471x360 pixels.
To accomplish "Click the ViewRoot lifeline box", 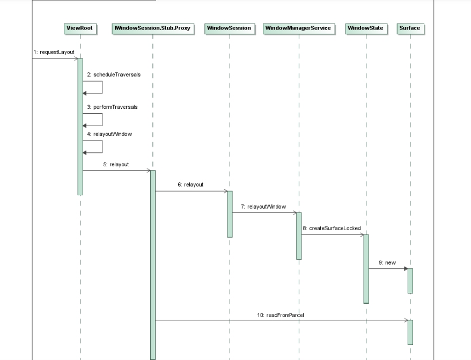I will tap(80, 28).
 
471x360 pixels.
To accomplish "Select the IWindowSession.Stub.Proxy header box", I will tap(153, 28).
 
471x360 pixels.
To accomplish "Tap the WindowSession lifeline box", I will tap(230, 28).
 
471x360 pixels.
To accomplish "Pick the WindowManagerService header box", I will tap(299, 28).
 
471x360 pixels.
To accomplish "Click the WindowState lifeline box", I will tap(366, 28).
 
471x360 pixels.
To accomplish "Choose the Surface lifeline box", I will tap(410, 28).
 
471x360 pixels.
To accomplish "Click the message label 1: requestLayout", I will tap(54, 52).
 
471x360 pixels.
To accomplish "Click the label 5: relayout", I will tap(116, 164).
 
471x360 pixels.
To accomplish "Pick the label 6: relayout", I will tap(190, 185).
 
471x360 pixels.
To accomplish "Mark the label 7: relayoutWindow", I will tap(263, 206).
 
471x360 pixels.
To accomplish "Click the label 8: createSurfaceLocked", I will tap(332, 228).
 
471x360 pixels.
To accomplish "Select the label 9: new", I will tap(387, 262).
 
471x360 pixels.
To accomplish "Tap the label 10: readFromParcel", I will tap(281, 315).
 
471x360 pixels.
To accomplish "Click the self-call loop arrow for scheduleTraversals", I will tap(101, 87).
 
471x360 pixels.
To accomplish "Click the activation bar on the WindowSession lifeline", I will tap(230, 214).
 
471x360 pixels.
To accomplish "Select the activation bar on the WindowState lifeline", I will tap(366, 268).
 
